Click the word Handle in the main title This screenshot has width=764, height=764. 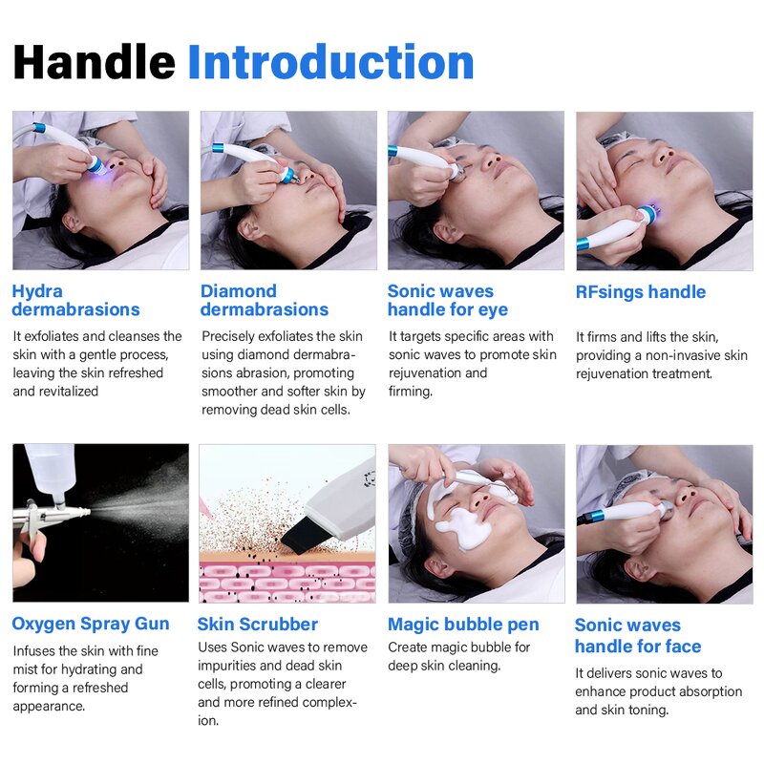(x=94, y=62)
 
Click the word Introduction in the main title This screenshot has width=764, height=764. (x=330, y=62)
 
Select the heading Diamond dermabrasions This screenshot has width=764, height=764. (x=265, y=300)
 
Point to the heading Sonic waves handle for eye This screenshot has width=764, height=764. (x=448, y=300)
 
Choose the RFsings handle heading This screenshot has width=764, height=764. (x=641, y=292)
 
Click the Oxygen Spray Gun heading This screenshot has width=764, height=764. (x=91, y=624)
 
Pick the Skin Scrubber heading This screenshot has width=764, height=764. (x=258, y=625)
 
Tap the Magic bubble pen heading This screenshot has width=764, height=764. (x=463, y=625)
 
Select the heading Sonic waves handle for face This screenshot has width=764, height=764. (x=638, y=636)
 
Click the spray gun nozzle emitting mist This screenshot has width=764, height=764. (x=84, y=513)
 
